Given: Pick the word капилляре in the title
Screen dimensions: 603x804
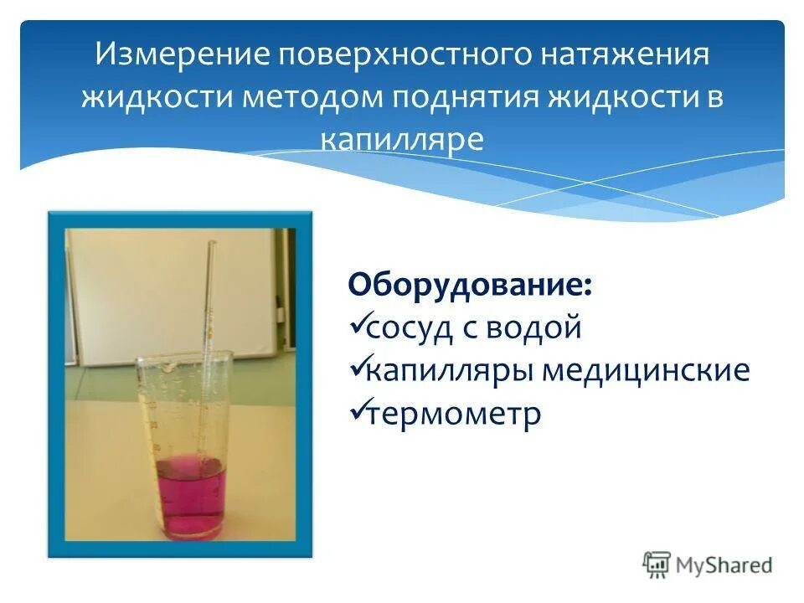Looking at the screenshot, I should coord(403,138).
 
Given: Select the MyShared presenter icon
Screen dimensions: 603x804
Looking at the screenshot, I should coord(657,565).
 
